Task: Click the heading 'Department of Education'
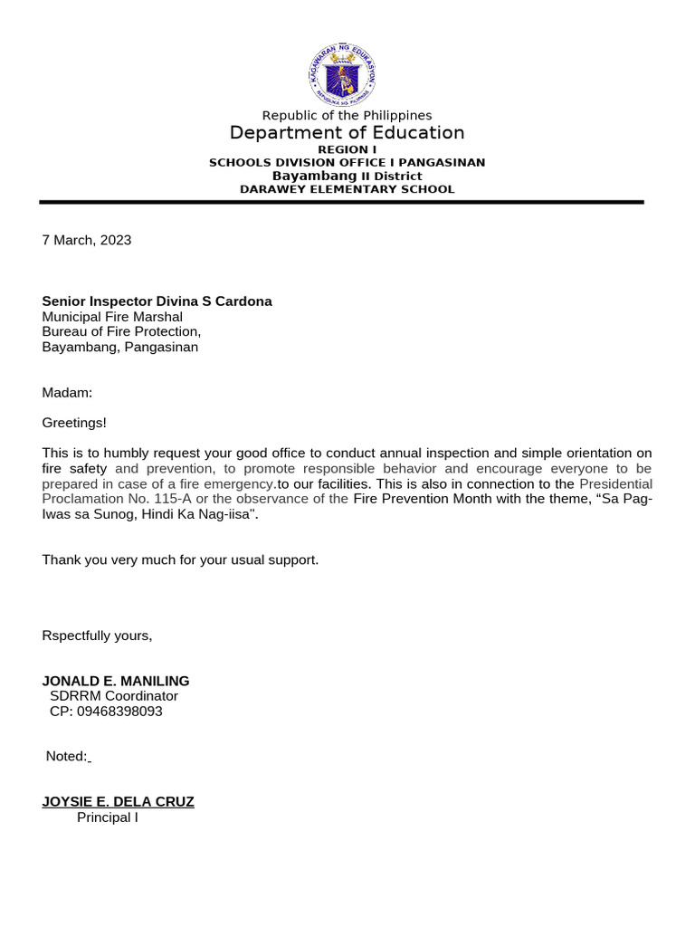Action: [347, 133]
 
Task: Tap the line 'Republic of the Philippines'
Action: [347, 115]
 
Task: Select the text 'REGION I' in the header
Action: [347, 149]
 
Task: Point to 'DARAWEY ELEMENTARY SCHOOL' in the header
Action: [347, 189]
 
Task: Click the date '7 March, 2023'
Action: [87, 240]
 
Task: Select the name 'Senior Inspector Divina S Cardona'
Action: [157, 301]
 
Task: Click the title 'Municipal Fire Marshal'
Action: [112, 317]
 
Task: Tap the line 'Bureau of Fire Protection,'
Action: [121, 331]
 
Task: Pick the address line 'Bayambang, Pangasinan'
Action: [120, 347]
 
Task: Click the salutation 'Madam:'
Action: [67, 392]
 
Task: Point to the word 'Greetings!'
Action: [74, 423]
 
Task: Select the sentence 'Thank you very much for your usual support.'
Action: [180, 559]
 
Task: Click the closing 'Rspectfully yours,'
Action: [98, 636]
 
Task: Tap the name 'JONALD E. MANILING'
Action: [116, 681]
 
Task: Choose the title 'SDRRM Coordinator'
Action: [114, 696]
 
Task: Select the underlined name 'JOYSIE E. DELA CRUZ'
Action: [118, 802]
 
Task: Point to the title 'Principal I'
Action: [107, 817]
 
